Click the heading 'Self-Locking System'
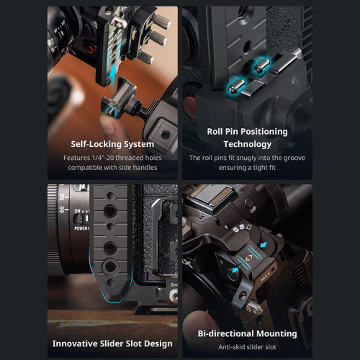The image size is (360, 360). coord(112,143)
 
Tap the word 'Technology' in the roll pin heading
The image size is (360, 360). coord(247,143)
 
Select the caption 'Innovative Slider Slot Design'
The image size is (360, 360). coord(112,333)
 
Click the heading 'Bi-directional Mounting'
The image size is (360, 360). coord(247,333)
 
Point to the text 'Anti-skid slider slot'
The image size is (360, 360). coord(247,346)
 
